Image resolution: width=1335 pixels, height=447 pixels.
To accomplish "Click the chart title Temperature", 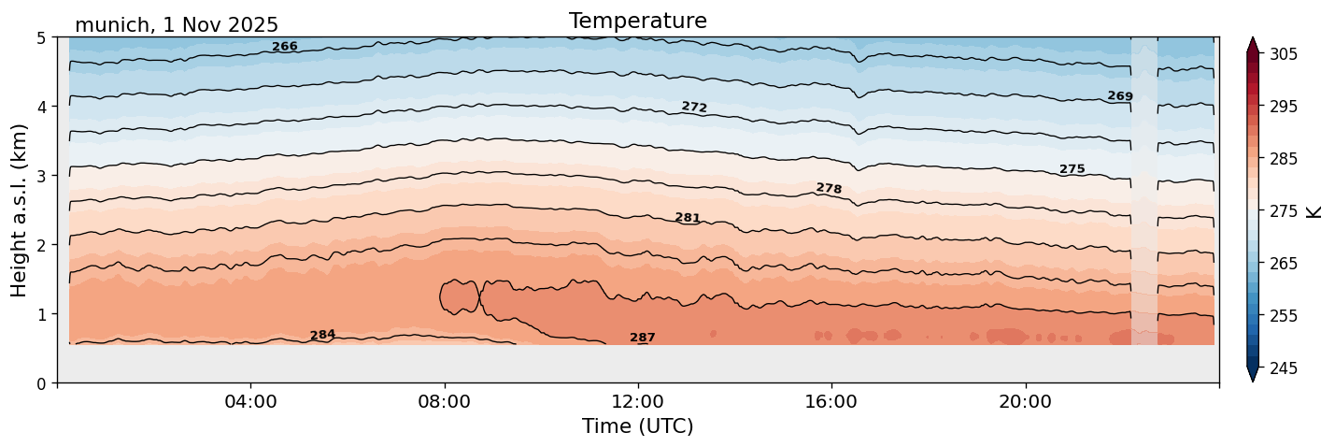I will pos(637,21).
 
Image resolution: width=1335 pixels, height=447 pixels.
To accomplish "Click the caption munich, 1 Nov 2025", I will pos(177,25).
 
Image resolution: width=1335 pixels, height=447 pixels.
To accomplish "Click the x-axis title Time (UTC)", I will pos(637,426).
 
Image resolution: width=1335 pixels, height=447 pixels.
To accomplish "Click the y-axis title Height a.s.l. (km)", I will pos(20,209).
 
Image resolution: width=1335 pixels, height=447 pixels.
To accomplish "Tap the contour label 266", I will pos(285,47).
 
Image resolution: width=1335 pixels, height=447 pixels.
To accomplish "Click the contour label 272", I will pos(694,107).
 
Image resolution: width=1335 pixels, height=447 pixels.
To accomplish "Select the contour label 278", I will pos(829,188).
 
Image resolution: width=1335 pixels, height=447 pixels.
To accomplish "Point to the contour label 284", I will pos(322,335).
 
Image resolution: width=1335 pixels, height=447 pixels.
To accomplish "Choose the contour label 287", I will pos(643,338).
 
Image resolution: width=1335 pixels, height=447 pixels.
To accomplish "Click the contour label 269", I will pos(1120,96).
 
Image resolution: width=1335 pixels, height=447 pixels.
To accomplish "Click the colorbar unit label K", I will pos(1315,211).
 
